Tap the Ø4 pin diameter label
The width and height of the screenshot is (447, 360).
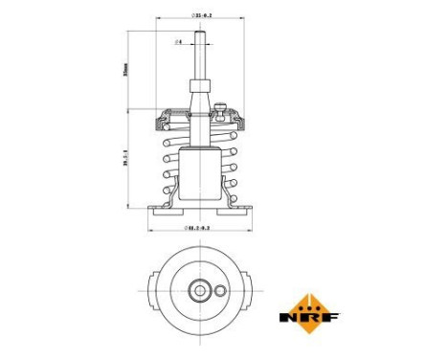coord(179,43)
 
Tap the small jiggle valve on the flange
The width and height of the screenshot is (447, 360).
coord(220,111)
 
